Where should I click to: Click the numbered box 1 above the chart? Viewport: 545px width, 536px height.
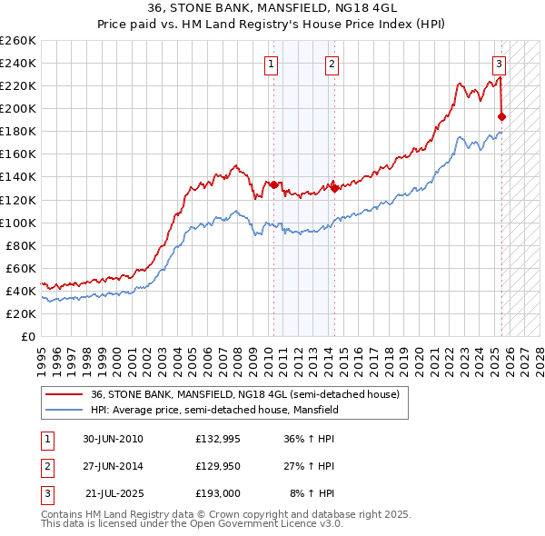[x=272, y=64]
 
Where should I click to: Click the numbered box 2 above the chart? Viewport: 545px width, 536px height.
[x=332, y=64]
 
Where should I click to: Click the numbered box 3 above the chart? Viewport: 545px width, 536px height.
[x=500, y=64]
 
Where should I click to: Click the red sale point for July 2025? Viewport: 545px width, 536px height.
[x=502, y=116]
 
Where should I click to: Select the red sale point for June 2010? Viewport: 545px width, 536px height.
[x=274, y=184]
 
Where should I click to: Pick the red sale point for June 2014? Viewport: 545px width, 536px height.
[x=334, y=188]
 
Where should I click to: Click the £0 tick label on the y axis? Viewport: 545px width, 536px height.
[x=27, y=336]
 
